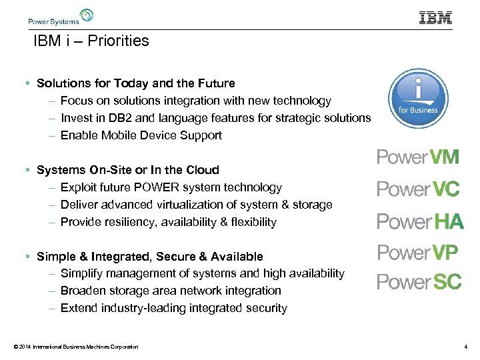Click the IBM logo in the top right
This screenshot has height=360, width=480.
tap(435, 17)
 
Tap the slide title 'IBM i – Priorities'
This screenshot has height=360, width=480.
tap(91, 41)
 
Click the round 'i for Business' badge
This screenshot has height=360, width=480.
tap(418, 97)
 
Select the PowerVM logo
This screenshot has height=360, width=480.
tap(418, 157)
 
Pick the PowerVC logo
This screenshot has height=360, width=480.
tap(418, 189)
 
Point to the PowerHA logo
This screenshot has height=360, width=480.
tap(420, 221)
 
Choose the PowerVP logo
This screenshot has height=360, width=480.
tap(418, 253)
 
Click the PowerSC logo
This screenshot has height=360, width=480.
tap(419, 282)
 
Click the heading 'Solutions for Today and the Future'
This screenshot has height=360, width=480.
tap(136, 83)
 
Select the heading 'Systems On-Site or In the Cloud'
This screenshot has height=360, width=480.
tap(128, 170)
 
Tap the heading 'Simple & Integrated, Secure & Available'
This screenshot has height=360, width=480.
tap(150, 257)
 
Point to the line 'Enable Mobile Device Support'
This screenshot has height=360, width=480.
tap(141, 135)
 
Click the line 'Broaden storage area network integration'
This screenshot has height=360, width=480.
tap(171, 291)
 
